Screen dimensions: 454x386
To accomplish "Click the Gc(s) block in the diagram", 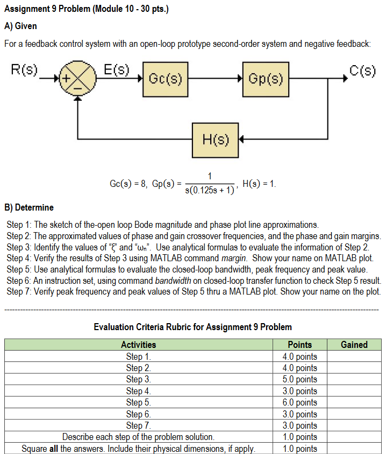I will pos(165,79).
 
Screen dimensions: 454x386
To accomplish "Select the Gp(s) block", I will pos(266,79).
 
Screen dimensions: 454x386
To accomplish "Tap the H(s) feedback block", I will pos(215,140).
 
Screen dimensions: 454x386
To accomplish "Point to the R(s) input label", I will pos(24,70).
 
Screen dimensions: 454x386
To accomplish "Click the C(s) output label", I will pos(362,70).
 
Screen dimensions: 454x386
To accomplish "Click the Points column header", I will pos(299,345).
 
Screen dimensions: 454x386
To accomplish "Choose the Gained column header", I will pos(354,345).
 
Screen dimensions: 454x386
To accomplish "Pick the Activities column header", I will pos(139,345).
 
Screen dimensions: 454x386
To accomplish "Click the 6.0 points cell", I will pos(299,402).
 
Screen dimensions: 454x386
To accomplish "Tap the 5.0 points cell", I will pos(299,379).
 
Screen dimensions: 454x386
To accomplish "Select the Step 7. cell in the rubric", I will pos(139,425).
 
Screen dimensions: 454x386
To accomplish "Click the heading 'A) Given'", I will pos(20,26).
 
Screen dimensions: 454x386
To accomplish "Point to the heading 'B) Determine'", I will pos(29,207).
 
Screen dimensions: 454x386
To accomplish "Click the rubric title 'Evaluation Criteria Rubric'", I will pos(192,327).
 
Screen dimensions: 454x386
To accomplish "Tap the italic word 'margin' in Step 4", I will pos(233,258).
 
